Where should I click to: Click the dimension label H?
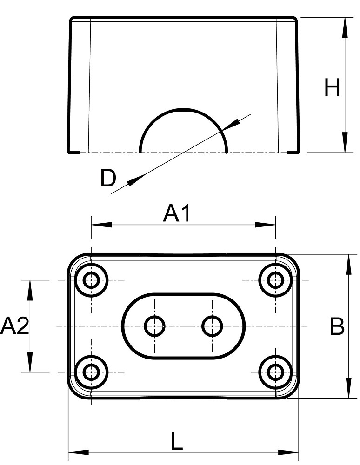pyautogui.click(x=332, y=88)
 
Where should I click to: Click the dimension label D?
pyautogui.click(x=108, y=179)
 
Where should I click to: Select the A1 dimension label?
pyautogui.click(x=177, y=214)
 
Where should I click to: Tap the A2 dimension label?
pyautogui.click(x=14, y=326)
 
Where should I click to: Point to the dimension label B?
pyautogui.click(x=337, y=326)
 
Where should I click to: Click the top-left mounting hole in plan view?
pyautogui.click(x=92, y=280)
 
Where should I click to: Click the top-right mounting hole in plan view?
pyautogui.click(x=276, y=280)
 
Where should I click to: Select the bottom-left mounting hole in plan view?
pyautogui.click(x=92, y=372)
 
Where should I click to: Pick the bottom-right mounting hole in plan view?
pyautogui.click(x=276, y=372)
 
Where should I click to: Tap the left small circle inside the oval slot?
pyautogui.click(x=155, y=326)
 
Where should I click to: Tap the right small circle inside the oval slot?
pyautogui.click(x=212, y=326)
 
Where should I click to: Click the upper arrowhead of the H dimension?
pyautogui.click(x=345, y=27)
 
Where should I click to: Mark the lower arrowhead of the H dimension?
pyautogui.click(x=345, y=142)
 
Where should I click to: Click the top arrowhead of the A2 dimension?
pyautogui.click(x=30, y=290)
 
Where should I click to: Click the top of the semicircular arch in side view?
pyautogui.click(x=183, y=110)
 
